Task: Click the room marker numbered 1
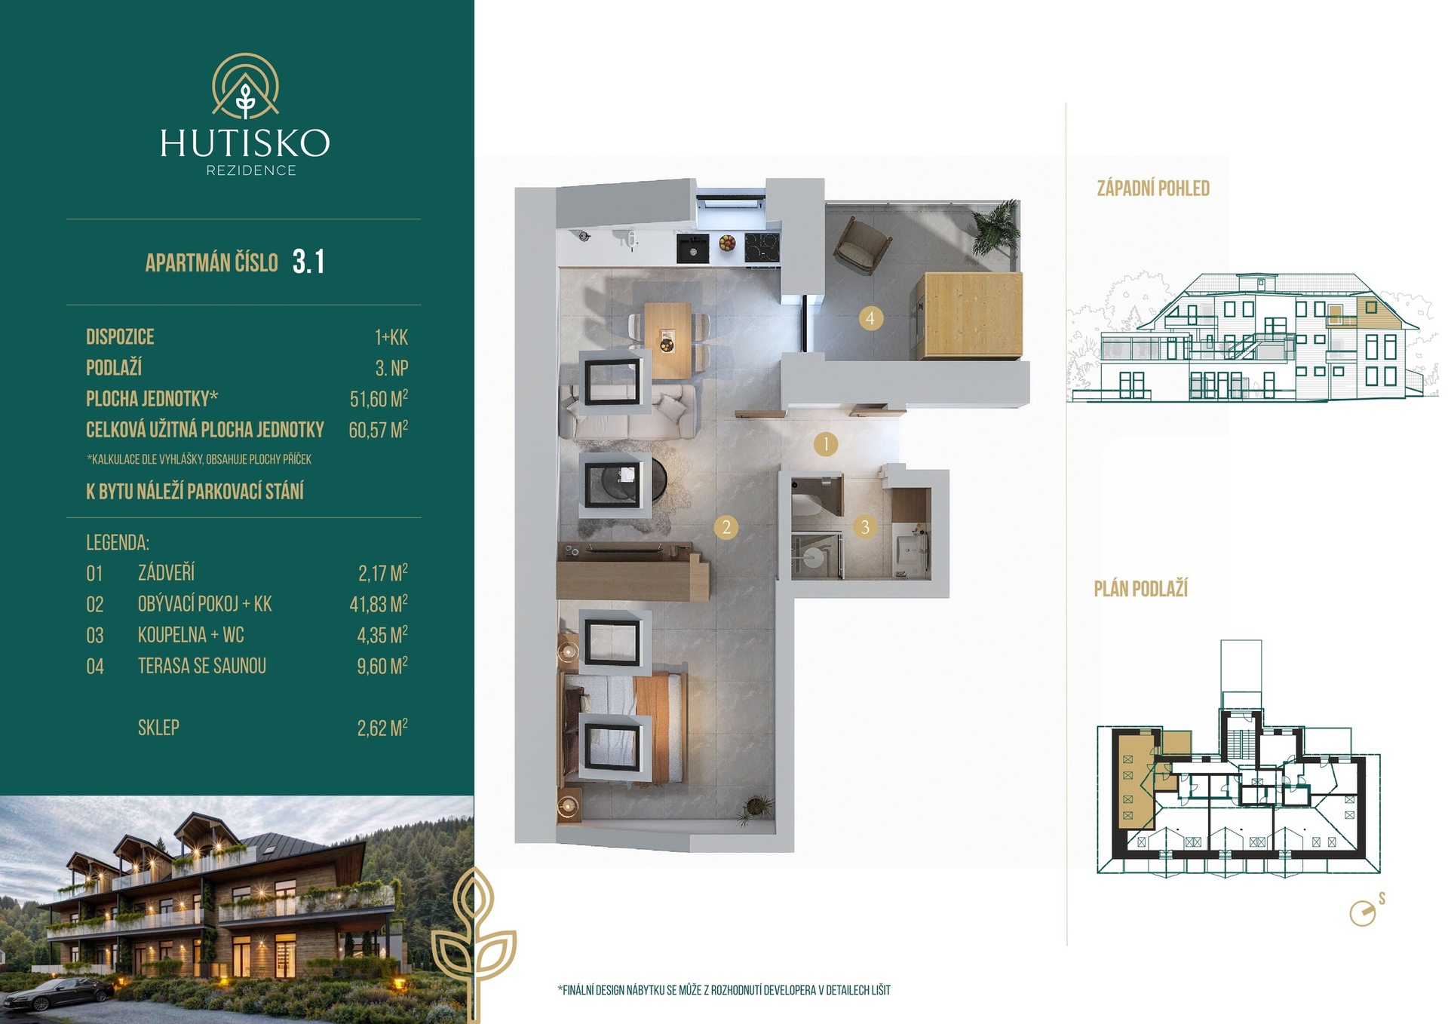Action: coord(826,444)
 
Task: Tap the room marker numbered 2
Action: coord(726,527)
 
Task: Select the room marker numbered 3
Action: coord(865,527)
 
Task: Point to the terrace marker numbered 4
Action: coord(870,318)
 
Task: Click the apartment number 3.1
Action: coord(308,262)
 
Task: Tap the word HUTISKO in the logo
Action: coord(245,143)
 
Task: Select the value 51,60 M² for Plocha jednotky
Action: coord(379,398)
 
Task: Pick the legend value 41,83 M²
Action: coord(379,604)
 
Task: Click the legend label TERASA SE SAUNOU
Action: coord(202,666)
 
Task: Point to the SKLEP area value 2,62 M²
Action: coord(382,728)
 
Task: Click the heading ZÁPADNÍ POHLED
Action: coord(1153,189)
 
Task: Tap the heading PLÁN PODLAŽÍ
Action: coord(1141,589)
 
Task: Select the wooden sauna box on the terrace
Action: coord(971,316)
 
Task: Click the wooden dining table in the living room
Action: coord(667,340)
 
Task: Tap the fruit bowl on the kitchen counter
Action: coord(727,244)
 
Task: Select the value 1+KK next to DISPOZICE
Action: coord(391,337)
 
